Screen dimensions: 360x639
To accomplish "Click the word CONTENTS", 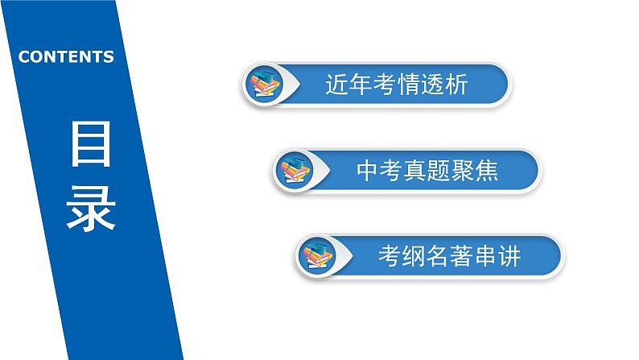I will click(x=66, y=57).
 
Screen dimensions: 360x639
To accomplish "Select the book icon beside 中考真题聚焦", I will click(x=295, y=170).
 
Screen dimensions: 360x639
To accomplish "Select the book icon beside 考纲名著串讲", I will click(x=318, y=255).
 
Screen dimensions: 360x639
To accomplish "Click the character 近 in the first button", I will click(x=337, y=85).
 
